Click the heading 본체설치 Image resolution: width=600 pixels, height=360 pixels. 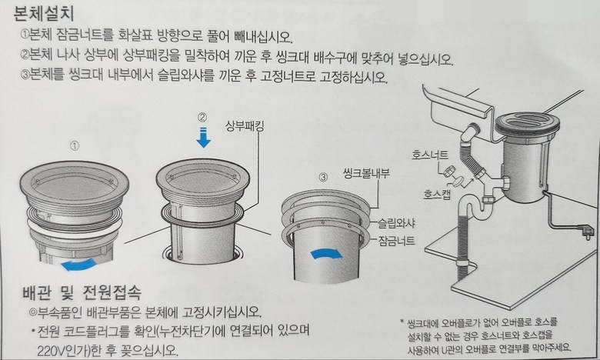click(x=44, y=14)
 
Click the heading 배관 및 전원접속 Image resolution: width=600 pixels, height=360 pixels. click(x=82, y=292)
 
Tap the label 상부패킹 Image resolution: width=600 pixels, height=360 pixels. click(x=245, y=126)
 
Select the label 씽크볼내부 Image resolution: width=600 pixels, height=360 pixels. click(x=367, y=174)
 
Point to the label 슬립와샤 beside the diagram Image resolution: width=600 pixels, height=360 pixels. click(x=396, y=223)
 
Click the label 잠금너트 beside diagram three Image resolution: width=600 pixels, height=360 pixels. click(x=396, y=241)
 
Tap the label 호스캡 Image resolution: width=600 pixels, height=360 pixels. click(x=437, y=195)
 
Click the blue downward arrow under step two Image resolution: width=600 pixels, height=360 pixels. click(x=203, y=138)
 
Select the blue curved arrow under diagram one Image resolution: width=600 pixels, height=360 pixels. click(x=78, y=265)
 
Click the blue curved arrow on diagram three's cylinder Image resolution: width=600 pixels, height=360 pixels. click(x=326, y=254)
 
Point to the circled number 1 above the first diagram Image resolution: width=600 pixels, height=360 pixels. click(x=75, y=145)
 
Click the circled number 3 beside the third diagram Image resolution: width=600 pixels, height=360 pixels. click(x=324, y=177)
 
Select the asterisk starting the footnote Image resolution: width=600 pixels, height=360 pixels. click(x=402, y=322)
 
